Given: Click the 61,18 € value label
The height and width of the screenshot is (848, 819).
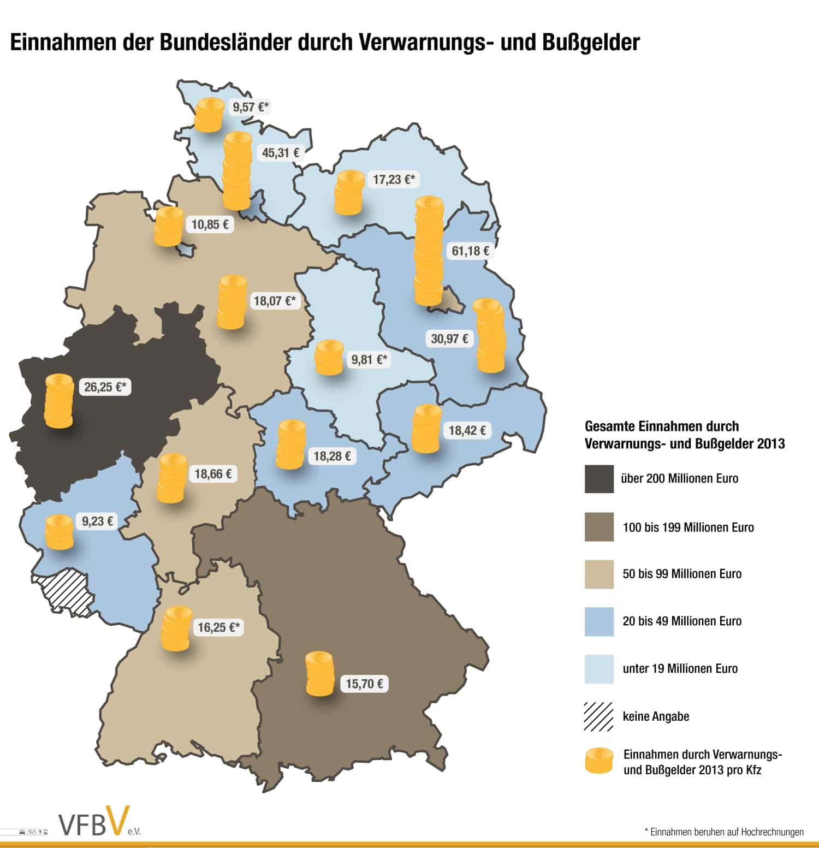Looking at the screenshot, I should point(470,251).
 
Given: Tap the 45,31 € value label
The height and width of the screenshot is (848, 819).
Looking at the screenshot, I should point(281,153).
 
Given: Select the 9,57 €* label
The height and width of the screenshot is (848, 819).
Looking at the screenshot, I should point(251,107).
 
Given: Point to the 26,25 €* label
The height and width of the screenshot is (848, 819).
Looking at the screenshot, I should point(105,387).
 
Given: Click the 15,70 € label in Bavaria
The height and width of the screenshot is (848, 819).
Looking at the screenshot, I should point(364,684).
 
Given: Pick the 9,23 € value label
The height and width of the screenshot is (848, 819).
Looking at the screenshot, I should point(98,521).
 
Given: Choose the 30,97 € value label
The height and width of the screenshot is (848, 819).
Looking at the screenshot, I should point(449,339).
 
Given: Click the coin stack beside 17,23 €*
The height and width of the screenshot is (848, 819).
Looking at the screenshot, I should point(349,192).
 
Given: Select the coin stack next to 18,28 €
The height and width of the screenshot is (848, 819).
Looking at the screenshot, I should point(290,444).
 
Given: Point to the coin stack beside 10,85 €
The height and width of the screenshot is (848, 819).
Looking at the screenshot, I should point(169,227).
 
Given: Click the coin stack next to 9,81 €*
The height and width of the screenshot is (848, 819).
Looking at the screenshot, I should point(329,358).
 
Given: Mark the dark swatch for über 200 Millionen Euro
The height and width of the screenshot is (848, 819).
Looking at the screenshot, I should point(599,479).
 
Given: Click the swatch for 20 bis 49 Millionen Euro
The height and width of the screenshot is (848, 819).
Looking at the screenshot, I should point(599,621).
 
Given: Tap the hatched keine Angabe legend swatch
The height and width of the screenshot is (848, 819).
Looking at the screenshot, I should point(599,716).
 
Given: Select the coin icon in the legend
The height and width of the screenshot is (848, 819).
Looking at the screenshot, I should point(599,761).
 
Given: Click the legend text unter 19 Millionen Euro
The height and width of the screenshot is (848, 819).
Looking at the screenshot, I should point(680,669).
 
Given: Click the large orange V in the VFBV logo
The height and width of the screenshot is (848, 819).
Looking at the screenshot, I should point(118,821).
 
